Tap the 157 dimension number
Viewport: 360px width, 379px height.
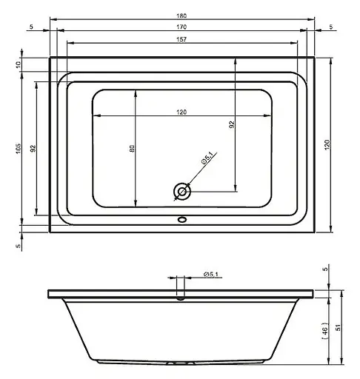coord(181,39)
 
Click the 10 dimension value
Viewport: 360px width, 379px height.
coord(19,64)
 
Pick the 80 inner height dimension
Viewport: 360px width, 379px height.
coord(132,148)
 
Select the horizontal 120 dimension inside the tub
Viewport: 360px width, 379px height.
coord(181,112)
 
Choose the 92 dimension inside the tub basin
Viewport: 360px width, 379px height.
coord(231,125)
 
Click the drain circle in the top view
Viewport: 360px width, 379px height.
coord(181,192)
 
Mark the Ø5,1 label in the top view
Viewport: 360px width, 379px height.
coord(207,158)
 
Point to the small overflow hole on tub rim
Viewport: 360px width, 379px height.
coord(181,219)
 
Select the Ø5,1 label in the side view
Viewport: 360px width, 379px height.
coord(212,275)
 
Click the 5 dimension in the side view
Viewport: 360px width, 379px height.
coord(327,269)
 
